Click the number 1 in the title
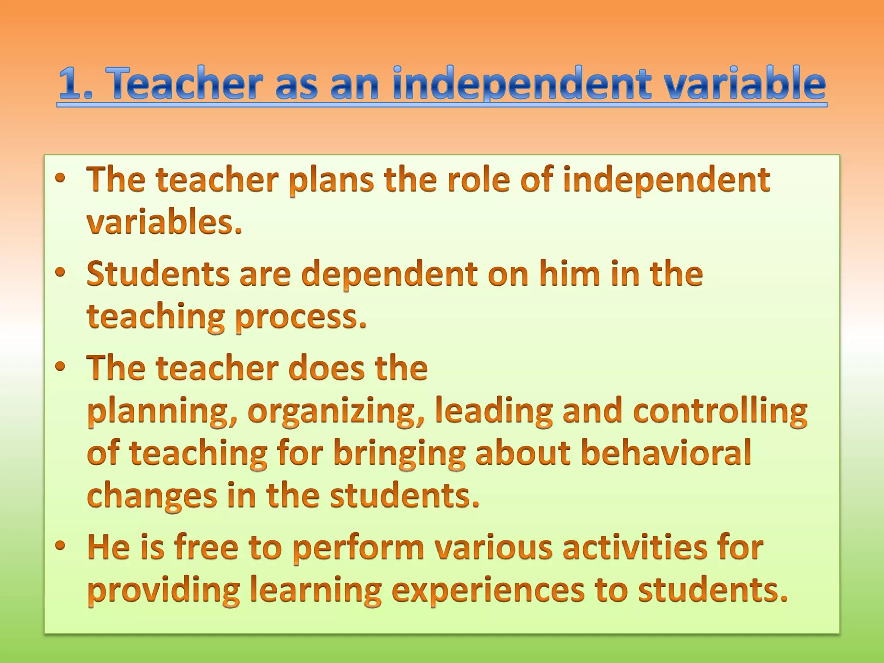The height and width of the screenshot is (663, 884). (x=71, y=84)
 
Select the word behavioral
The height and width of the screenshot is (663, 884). (x=666, y=453)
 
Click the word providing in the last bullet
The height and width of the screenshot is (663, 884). (x=164, y=591)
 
